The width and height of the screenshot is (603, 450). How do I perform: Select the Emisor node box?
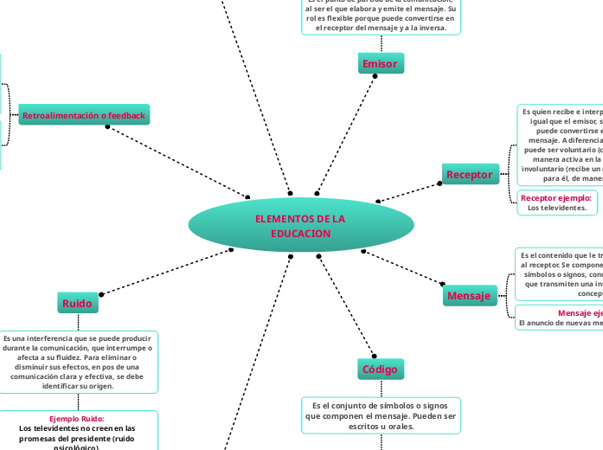380,63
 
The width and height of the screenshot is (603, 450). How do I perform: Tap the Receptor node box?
469,174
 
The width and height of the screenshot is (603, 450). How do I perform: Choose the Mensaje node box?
468,296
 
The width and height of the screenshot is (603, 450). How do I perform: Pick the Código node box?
380,369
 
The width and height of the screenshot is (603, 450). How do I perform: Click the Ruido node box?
77,303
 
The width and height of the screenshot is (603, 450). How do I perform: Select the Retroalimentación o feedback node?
84,115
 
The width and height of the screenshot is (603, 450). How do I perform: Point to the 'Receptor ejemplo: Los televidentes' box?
556,202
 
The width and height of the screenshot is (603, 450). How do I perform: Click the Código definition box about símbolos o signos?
381,415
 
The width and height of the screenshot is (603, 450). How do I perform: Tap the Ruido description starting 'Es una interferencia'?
78,362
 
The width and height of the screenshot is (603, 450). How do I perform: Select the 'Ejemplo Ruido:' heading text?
77,419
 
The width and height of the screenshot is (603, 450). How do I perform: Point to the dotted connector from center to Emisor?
346,134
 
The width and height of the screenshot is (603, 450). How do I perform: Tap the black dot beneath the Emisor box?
375,76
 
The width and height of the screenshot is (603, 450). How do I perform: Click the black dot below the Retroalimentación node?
107,127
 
